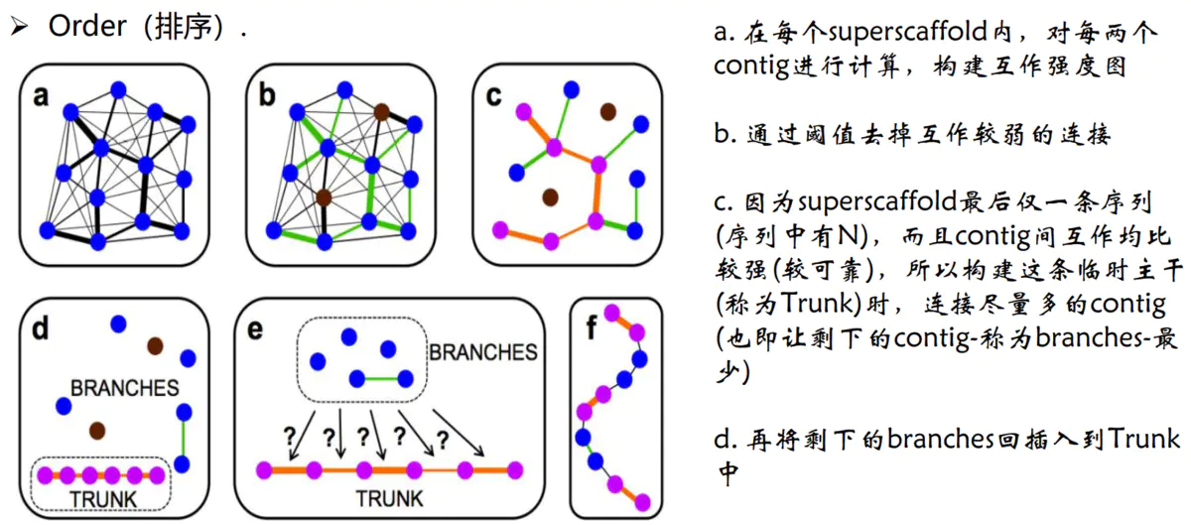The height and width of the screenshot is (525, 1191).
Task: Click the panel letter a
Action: pyautogui.click(x=41, y=95)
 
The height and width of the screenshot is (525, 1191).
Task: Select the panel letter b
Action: pyautogui.click(x=266, y=95)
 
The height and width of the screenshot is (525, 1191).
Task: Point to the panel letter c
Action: pyautogui.click(x=493, y=95)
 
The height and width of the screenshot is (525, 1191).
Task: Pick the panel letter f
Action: pyautogui.click(x=592, y=328)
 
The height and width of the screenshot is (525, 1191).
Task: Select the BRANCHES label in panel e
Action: pyautogui.click(x=482, y=352)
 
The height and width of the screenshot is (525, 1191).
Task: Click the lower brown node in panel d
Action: pyautogui.click(x=96, y=431)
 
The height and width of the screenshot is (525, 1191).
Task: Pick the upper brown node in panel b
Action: pyautogui.click(x=382, y=112)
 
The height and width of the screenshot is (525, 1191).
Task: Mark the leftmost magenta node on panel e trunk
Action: pyautogui.click(x=266, y=468)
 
